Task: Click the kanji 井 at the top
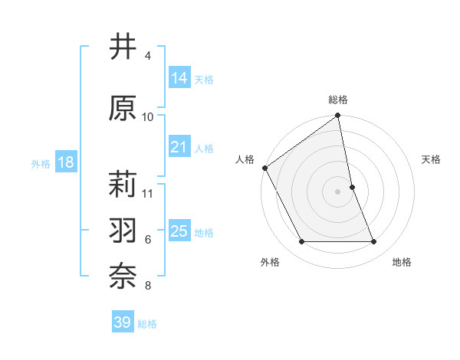123,47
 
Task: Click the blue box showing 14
179,77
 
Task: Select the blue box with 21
179,147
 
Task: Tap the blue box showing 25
179,231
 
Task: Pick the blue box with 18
65,162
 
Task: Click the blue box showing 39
123,322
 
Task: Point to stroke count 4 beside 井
148,56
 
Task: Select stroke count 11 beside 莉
149,193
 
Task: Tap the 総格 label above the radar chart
338,100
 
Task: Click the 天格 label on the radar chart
432,159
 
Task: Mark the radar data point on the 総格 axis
338,116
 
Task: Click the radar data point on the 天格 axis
352,187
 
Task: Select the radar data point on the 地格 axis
374,242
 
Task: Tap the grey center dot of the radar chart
338,191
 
